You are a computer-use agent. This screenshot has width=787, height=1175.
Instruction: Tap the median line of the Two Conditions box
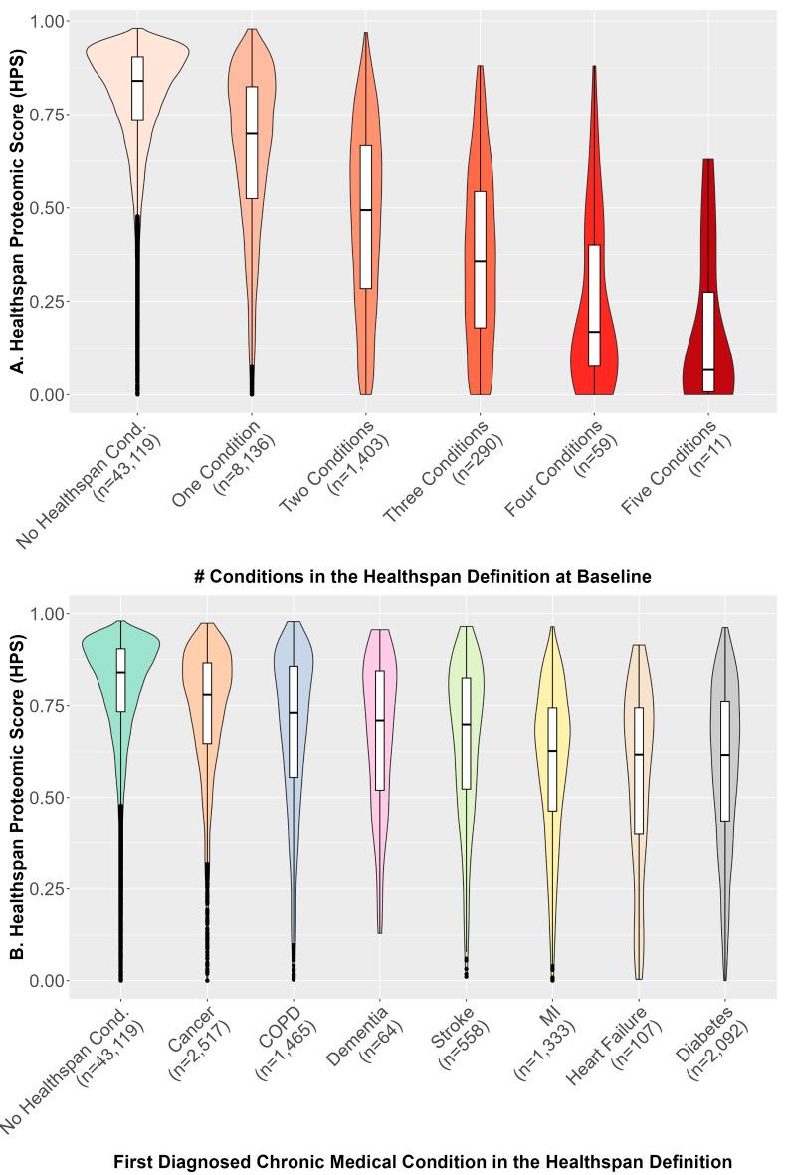[x=365, y=210]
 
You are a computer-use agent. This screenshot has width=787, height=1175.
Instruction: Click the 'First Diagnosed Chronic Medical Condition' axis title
[x=423, y=1161]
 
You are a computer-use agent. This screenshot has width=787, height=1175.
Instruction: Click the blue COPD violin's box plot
[x=294, y=721]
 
